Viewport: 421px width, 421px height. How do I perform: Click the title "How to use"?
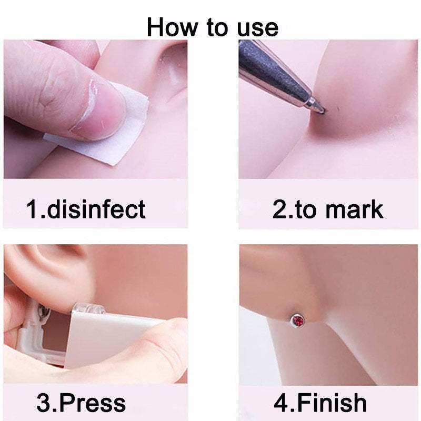coord(212,26)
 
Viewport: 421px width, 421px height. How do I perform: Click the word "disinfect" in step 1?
coord(97,209)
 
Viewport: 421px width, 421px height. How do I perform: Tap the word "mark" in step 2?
coord(354,209)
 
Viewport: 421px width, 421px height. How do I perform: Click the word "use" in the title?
coord(255,26)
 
